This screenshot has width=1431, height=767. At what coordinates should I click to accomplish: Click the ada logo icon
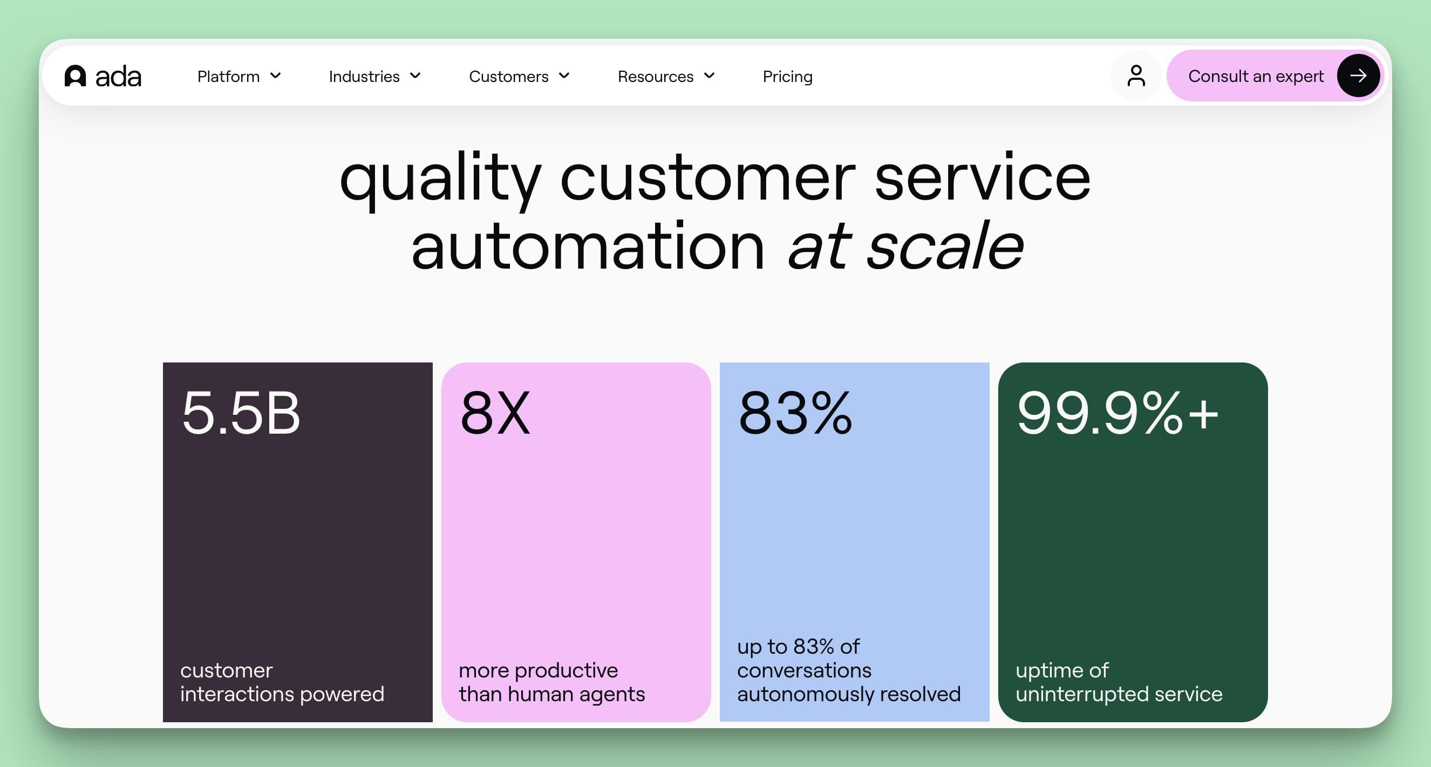point(75,76)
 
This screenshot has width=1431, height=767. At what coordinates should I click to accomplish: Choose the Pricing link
point(787,76)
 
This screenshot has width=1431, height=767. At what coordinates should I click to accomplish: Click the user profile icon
point(1136,76)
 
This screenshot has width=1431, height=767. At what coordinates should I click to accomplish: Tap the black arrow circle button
point(1358,76)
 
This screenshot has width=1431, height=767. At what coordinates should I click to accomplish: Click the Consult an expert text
point(1256,76)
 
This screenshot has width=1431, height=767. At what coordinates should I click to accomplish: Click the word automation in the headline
point(588,245)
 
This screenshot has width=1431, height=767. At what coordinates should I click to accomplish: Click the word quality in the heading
point(440,179)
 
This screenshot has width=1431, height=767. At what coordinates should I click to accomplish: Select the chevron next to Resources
point(710,75)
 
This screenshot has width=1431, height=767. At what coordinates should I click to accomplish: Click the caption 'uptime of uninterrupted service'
point(1119,682)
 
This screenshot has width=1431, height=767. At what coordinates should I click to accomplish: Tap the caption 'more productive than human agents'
point(551,682)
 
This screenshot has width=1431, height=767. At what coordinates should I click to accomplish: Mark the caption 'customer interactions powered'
point(282,682)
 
